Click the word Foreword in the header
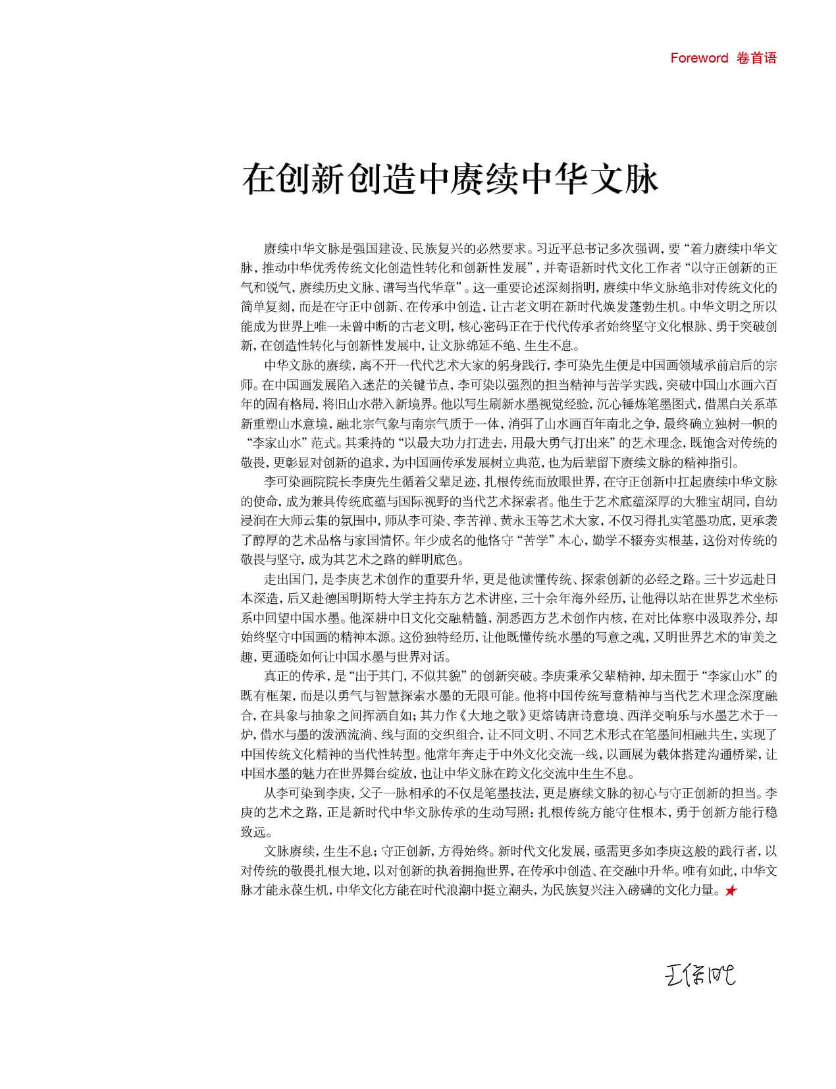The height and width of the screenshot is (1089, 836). tap(699, 58)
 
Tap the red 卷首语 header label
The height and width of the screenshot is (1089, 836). tap(757, 58)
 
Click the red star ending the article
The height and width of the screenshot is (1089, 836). tap(731, 891)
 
